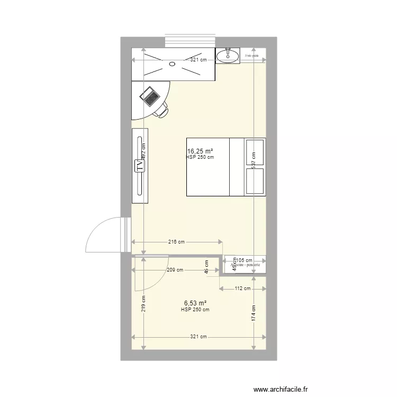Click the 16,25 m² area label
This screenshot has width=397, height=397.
coord(200,151)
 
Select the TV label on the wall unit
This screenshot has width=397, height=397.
coord(140,165)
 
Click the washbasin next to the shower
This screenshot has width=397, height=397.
coord(228,55)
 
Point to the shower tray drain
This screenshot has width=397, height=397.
coord(172,64)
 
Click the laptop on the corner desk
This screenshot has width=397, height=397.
coord(150,96)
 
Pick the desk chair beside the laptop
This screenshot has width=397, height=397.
coord(162,110)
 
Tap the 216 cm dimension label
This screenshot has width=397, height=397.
coord(176,242)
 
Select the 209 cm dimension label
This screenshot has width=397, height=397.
coord(175,270)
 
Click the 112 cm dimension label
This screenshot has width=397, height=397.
coord(243,289)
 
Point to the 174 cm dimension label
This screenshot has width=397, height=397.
coord(254,313)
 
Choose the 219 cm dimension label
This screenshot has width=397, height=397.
coord(143,303)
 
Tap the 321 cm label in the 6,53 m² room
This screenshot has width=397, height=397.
coord(198,337)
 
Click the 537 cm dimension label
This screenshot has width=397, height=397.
coord(254,160)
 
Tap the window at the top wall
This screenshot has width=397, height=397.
coord(190,41)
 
